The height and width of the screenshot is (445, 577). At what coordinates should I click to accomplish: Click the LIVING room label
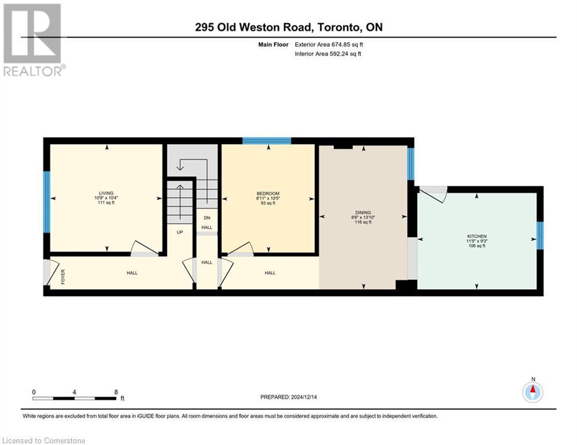[x=106, y=193]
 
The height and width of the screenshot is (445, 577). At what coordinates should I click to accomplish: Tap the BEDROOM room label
[x=268, y=193]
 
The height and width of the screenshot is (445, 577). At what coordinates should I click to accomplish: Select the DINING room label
[x=363, y=213]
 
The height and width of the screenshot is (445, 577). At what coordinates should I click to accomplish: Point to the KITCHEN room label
[x=476, y=236]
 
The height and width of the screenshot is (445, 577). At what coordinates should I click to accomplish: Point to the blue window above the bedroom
[x=266, y=140]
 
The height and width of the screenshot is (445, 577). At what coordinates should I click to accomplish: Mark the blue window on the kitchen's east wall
[x=540, y=235]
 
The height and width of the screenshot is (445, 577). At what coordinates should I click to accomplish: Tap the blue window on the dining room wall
[x=411, y=164]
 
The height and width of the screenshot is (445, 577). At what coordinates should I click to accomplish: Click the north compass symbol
[x=532, y=392]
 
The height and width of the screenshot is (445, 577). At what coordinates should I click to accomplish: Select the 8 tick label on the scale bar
[x=116, y=392]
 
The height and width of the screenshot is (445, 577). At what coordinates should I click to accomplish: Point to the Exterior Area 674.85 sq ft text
[x=329, y=44]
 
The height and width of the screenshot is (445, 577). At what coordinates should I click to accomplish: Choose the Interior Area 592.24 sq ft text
[x=328, y=54]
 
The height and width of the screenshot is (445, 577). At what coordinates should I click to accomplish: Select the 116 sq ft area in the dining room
[x=363, y=222]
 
